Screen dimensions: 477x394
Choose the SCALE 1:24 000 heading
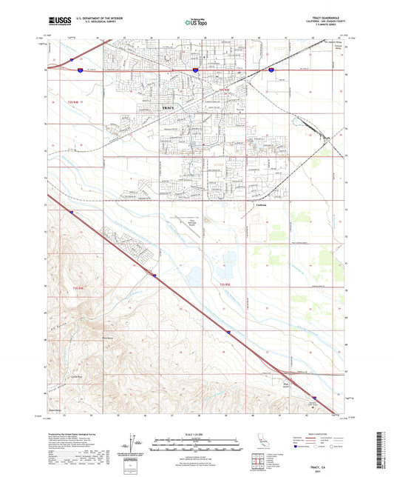(197, 433)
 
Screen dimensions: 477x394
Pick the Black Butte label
(106, 337)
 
